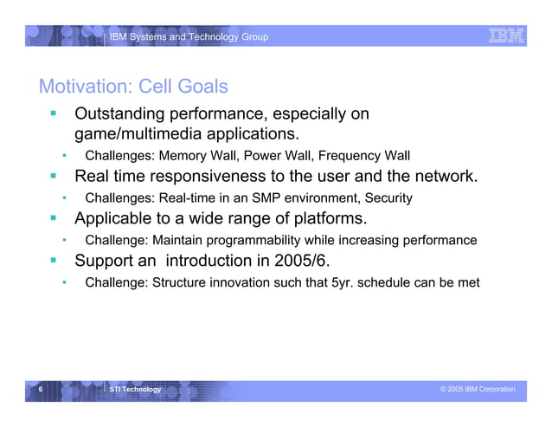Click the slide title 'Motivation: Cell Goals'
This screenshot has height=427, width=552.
coord(133,87)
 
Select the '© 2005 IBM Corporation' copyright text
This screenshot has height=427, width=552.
coord(477,390)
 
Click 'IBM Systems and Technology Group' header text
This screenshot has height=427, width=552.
coord(188,36)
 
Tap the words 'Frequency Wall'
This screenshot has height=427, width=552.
coord(364,156)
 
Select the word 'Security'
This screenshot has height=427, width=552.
coord(388,198)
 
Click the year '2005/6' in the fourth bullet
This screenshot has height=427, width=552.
coord(320,261)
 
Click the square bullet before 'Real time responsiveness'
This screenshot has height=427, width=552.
coord(53,177)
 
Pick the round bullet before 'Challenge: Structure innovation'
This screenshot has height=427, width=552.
coord(64,282)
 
